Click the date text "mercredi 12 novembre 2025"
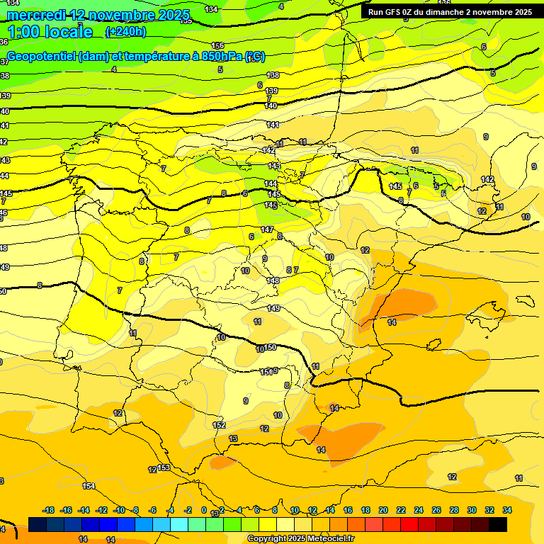tap(98, 15)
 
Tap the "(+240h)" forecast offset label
tap(125, 31)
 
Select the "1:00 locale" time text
tap(50, 32)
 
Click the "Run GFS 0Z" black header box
tap(450, 12)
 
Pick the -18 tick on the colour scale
tap(49, 510)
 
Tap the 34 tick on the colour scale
tap(507, 510)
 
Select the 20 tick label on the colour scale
tap(383, 510)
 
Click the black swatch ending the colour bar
tap(498, 524)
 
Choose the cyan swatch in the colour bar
tap(179, 524)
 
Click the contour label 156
tap(218, 46)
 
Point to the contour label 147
tap(267, 229)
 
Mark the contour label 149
tap(273, 308)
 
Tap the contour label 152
tap(219, 425)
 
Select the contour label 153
tap(164, 468)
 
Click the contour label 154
tap(89, 486)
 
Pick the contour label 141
tap(273, 125)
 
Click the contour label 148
tap(273, 280)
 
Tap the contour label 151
tap(266, 371)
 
